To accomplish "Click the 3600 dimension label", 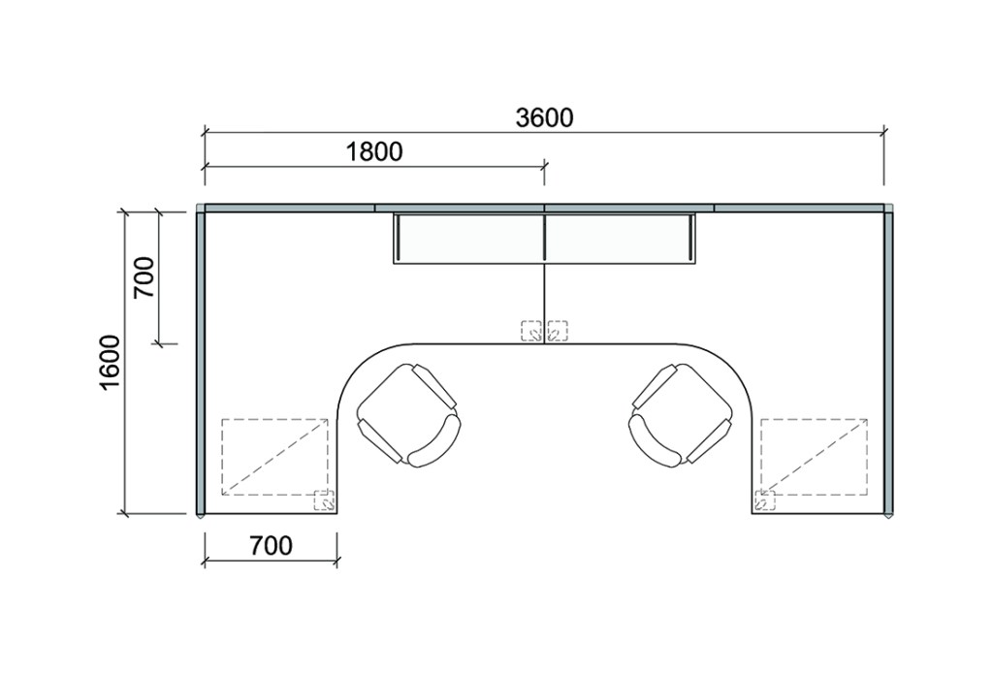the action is click(x=545, y=117).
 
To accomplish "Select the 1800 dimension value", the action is click(x=374, y=152).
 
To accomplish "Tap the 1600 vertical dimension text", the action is click(x=110, y=364).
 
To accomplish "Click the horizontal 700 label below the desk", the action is click(x=272, y=545).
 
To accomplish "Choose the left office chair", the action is click(x=408, y=415).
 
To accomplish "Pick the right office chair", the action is click(x=681, y=415).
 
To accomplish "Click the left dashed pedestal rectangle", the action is click(x=274, y=457).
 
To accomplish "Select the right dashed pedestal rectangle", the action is click(x=815, y=457).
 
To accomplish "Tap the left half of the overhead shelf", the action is click(x=469, y=239).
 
